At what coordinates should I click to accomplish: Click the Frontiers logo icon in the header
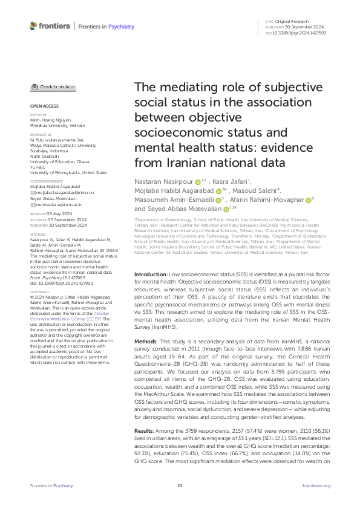pyautogui.click(x=33, y=26)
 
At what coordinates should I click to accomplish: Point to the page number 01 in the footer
pyautogui.click(x=180, y=486)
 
